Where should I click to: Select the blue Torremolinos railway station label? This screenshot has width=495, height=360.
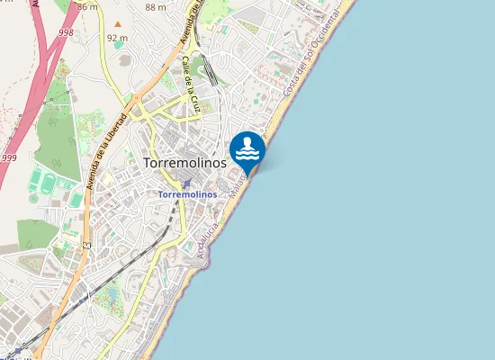pyautogui.click(x=187, y=193)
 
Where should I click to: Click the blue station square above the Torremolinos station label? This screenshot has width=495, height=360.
pyautogui.click(x=186, y=184)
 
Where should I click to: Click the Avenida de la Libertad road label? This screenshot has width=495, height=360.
pyautogui.click(x=108, y=150)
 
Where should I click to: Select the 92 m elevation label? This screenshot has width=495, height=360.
pyautogui.click(x=116, y=38)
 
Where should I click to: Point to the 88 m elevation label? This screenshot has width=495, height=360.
pyautogui.click(x=155, y=7)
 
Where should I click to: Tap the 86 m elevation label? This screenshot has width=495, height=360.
pyautogui.click(x=87, y=6)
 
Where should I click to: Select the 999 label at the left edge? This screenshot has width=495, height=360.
pyautogui.click(x=9, y=157)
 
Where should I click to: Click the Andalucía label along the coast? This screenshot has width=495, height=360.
pyautogui.click(x=209, y=240)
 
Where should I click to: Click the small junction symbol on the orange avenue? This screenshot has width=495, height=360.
pyautogui.click(x=87, y=244)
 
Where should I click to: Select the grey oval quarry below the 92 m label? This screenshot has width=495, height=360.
pyautogui.click(x=124, y=59)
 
